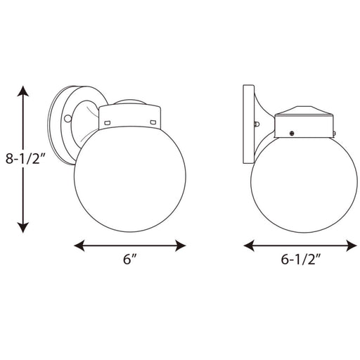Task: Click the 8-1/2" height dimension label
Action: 25,159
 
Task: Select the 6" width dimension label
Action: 130,259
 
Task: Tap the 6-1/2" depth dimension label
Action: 301,259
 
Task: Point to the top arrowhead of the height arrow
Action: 23,91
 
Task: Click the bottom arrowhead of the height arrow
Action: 23,227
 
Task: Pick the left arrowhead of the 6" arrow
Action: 79,245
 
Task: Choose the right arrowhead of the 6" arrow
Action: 181,245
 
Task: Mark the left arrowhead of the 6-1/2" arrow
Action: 249,245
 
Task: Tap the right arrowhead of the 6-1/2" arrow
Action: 352,245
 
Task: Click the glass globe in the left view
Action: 130,179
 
